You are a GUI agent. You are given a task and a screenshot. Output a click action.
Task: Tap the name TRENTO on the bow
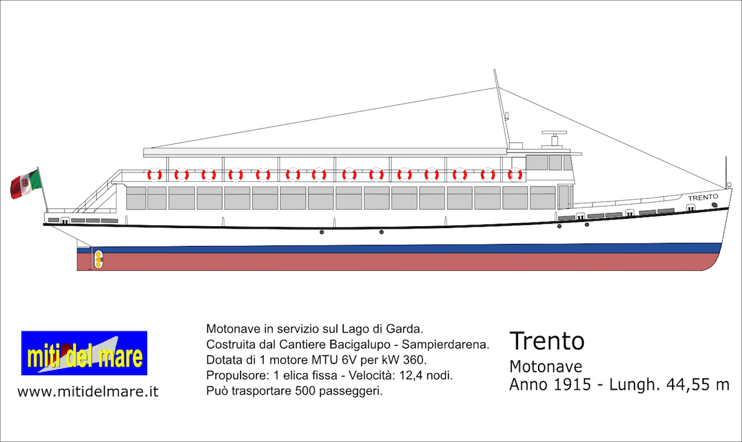[x=703, y=197]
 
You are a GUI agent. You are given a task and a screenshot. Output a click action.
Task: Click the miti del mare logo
[x=84, y=353]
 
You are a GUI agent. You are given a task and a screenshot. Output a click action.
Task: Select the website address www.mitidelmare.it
[x=88, y=392]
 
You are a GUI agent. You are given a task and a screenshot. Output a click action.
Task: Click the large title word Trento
[x=547, y=341]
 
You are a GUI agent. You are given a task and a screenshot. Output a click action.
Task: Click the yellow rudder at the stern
[x=97, y=258]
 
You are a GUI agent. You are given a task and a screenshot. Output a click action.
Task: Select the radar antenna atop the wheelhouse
[x=555, y=134]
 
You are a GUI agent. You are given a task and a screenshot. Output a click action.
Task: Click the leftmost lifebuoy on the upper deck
[x=154, y=175]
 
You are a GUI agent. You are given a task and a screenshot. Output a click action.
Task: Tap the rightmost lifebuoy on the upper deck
[x=514, y=175]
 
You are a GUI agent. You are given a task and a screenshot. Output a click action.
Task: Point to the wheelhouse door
[x=564, y=197]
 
